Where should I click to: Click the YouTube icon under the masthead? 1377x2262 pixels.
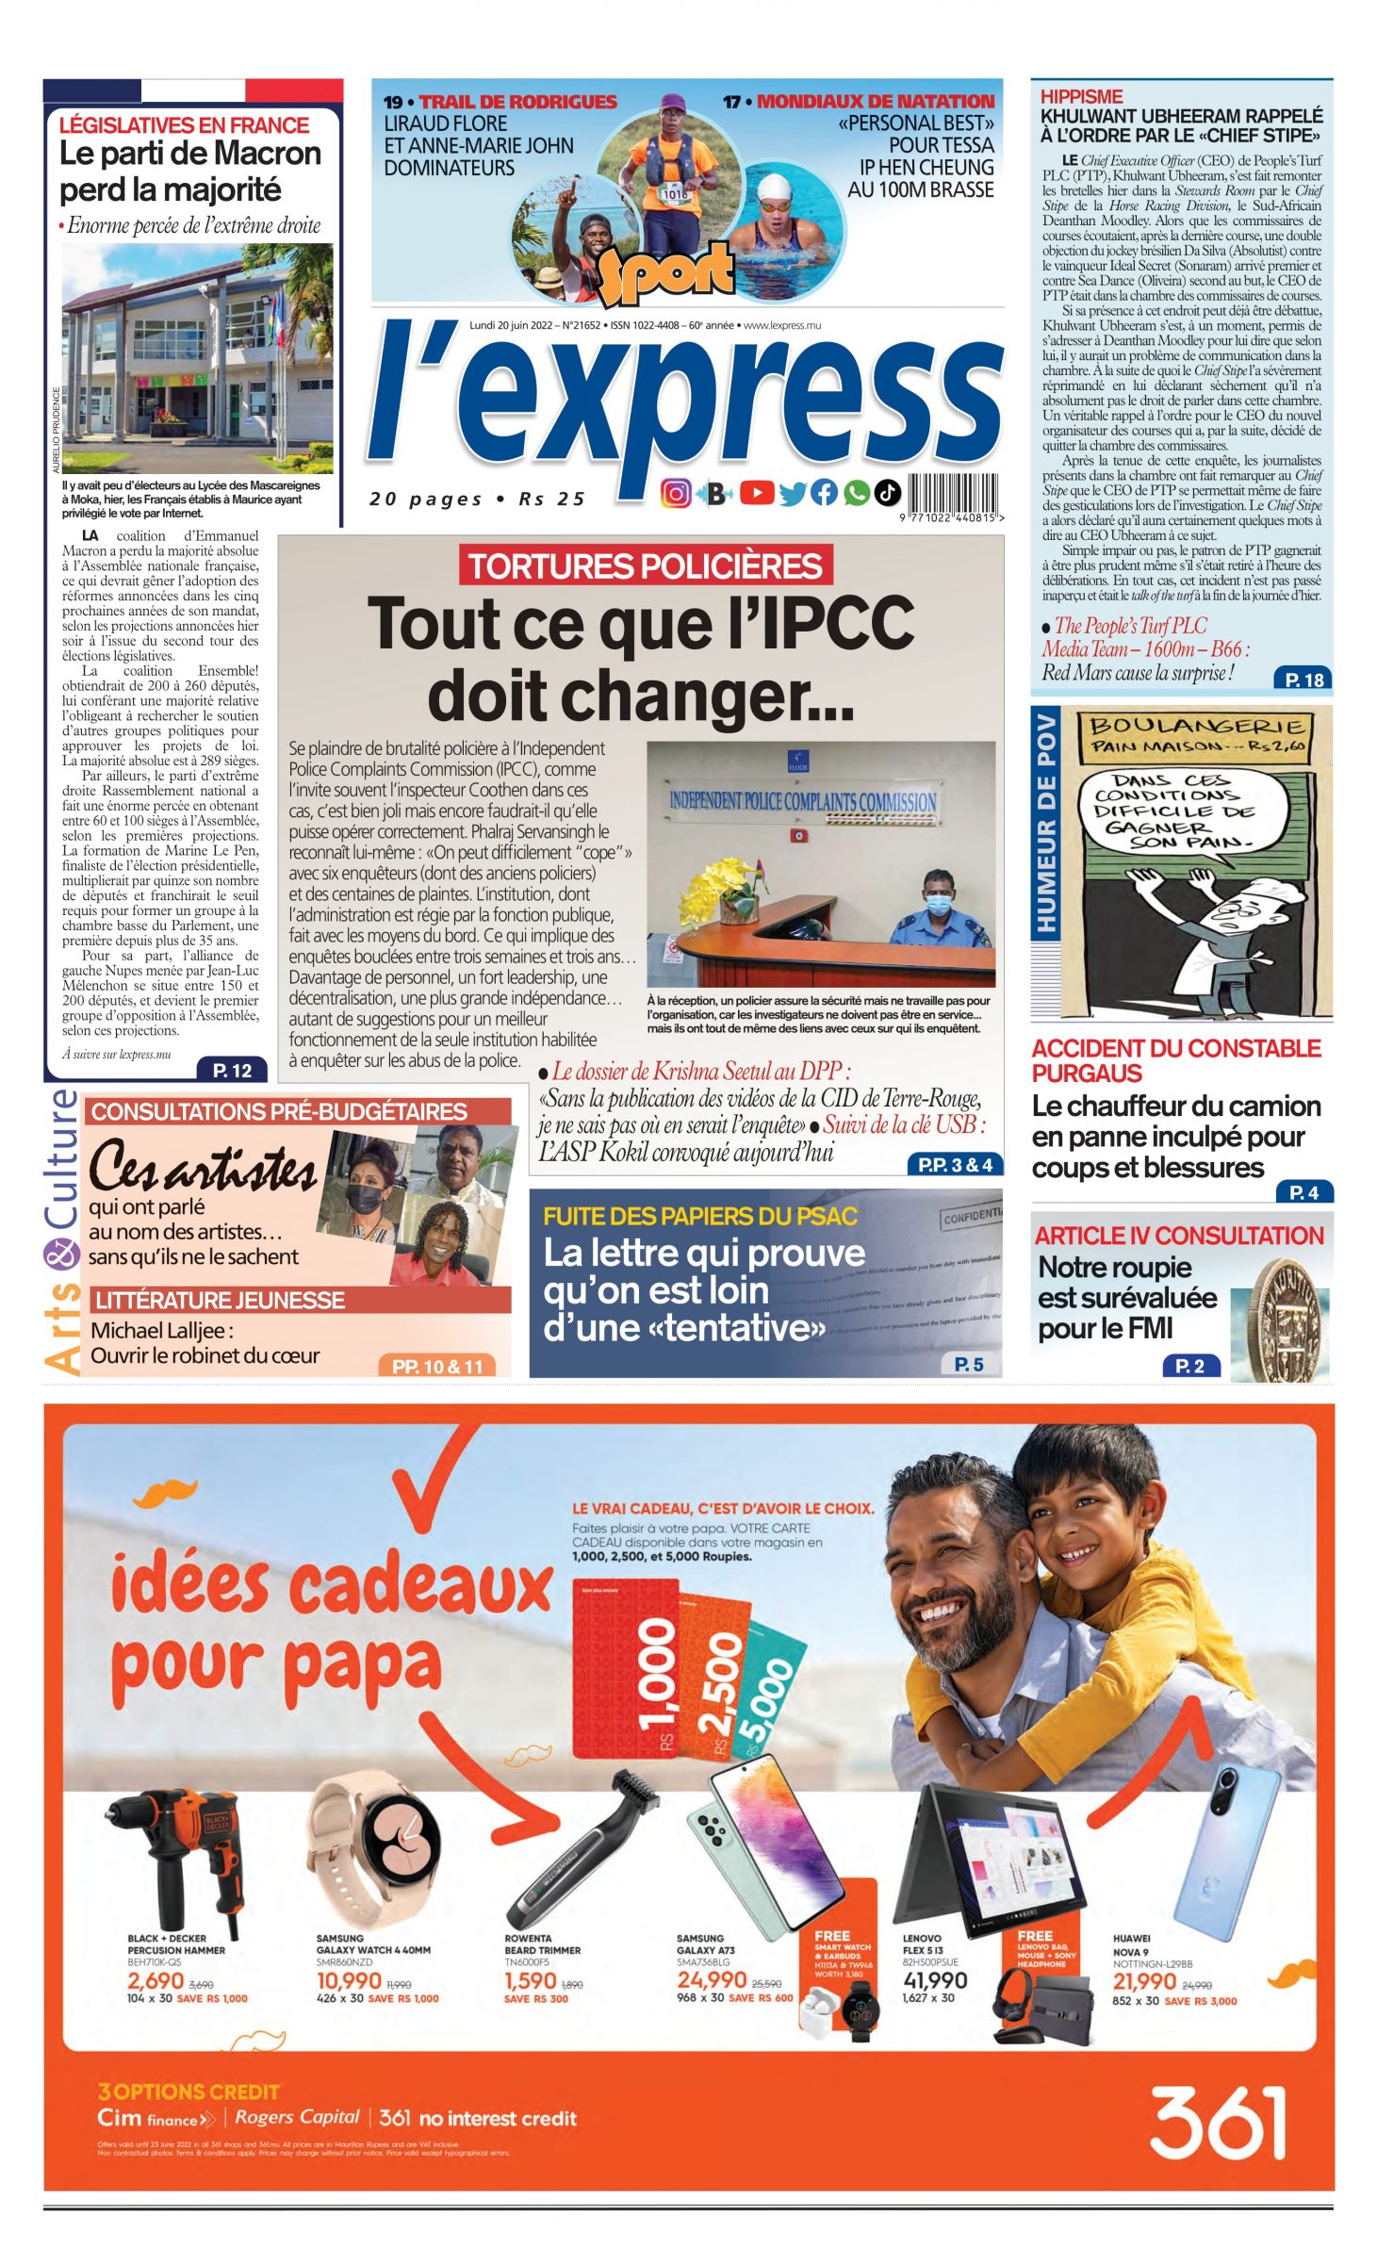pyautogui.click(x=756, y=492)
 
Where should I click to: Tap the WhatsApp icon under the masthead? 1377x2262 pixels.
pyautogui.click(x=856, y=492)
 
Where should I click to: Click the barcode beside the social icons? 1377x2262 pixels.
pyautogui.click(x=953, y=493)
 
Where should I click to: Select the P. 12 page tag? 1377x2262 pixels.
pyautogui.click(x=232, y=1070)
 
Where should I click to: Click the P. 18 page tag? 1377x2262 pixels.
pyautogui.click(x=1303, y=680)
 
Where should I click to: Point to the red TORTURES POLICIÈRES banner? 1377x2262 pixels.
pyautogui.click(x=646, y=565)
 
